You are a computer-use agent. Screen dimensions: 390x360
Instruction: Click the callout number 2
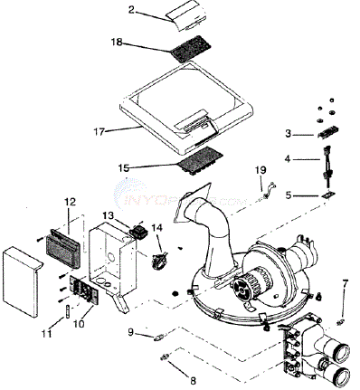[132, 10]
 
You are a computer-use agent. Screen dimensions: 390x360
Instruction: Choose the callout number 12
[70, 201]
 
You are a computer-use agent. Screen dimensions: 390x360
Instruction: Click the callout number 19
[261, 170]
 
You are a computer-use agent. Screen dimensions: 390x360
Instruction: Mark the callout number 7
[345, 285]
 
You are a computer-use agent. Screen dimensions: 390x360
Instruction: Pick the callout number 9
[133, 334]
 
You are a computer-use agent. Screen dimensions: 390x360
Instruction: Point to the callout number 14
[156, 228]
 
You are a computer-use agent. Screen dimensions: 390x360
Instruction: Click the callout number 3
[288, 133]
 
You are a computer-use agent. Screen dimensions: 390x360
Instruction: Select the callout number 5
[289, 195]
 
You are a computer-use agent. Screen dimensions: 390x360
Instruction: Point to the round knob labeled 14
[160, 261]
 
